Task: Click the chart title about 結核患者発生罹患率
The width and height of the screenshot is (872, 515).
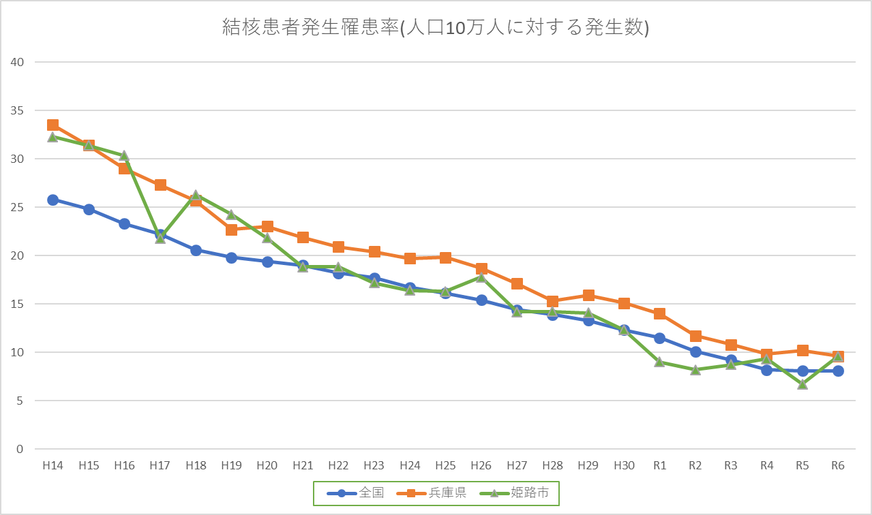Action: coord(436,27)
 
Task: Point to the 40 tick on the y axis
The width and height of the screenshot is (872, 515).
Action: coord(16,62)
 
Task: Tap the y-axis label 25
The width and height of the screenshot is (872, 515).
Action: coord(16,207)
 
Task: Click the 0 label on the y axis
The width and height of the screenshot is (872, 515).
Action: coord(20,449)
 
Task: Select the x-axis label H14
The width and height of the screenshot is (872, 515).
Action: coord(52,466)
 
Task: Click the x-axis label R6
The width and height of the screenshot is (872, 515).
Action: coord(838,466)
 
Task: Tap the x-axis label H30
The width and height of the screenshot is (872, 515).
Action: coord(624,466)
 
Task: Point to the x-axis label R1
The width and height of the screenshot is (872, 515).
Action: coord(659,466)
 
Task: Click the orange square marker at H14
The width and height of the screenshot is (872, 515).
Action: coord(52,125)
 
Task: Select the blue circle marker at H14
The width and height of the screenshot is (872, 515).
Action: coord(52,200)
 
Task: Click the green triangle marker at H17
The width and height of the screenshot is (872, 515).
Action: coord(160,238)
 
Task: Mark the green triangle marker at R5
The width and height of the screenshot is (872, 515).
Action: coord(802,384)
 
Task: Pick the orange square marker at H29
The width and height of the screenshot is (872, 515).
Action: coord(588,295)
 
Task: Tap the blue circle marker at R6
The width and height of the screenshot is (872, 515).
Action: coord(838,371)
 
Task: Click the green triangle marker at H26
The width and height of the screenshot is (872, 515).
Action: coord(481,277)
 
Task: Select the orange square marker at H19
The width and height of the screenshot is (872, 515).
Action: coord(231,230)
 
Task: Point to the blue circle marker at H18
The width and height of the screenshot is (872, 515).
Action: coord(196,250)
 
